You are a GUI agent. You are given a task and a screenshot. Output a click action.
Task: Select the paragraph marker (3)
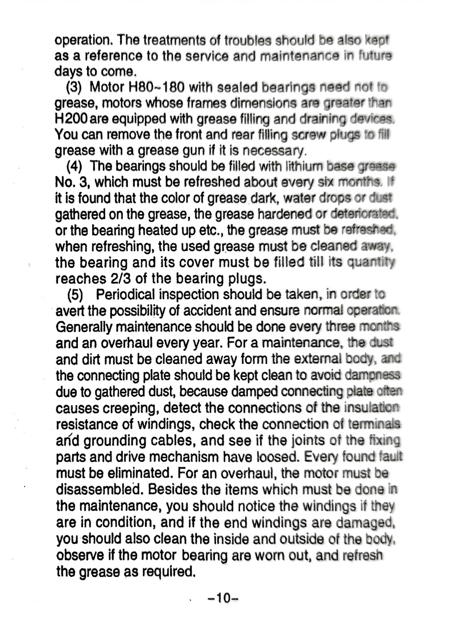pos(75,88)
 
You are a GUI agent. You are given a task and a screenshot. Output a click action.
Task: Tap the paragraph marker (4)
pos(75,167)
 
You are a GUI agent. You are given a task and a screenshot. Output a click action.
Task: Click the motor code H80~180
pos(154,88)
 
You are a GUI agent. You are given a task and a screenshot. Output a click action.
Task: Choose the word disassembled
pos(96,489)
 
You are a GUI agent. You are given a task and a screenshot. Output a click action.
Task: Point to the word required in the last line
pos(167,569)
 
